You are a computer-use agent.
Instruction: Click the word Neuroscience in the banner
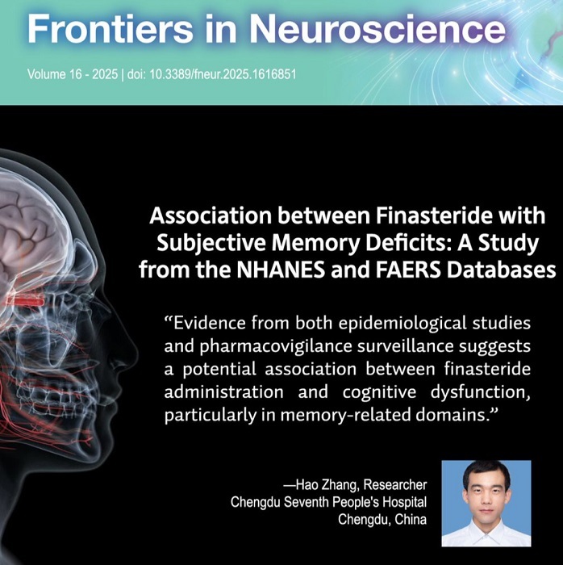(377, 29)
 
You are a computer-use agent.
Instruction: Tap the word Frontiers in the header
(111, 29)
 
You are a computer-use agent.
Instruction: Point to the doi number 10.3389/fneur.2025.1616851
(223, 74)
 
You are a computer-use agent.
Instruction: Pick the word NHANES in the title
(281, 270)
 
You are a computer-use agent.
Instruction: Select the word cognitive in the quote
(379, 392)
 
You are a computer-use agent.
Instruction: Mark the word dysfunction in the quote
(480, 392)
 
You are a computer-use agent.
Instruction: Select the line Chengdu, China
(382, 520)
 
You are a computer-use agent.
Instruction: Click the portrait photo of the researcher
(486, 504)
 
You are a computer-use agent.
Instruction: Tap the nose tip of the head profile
(136, 348)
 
